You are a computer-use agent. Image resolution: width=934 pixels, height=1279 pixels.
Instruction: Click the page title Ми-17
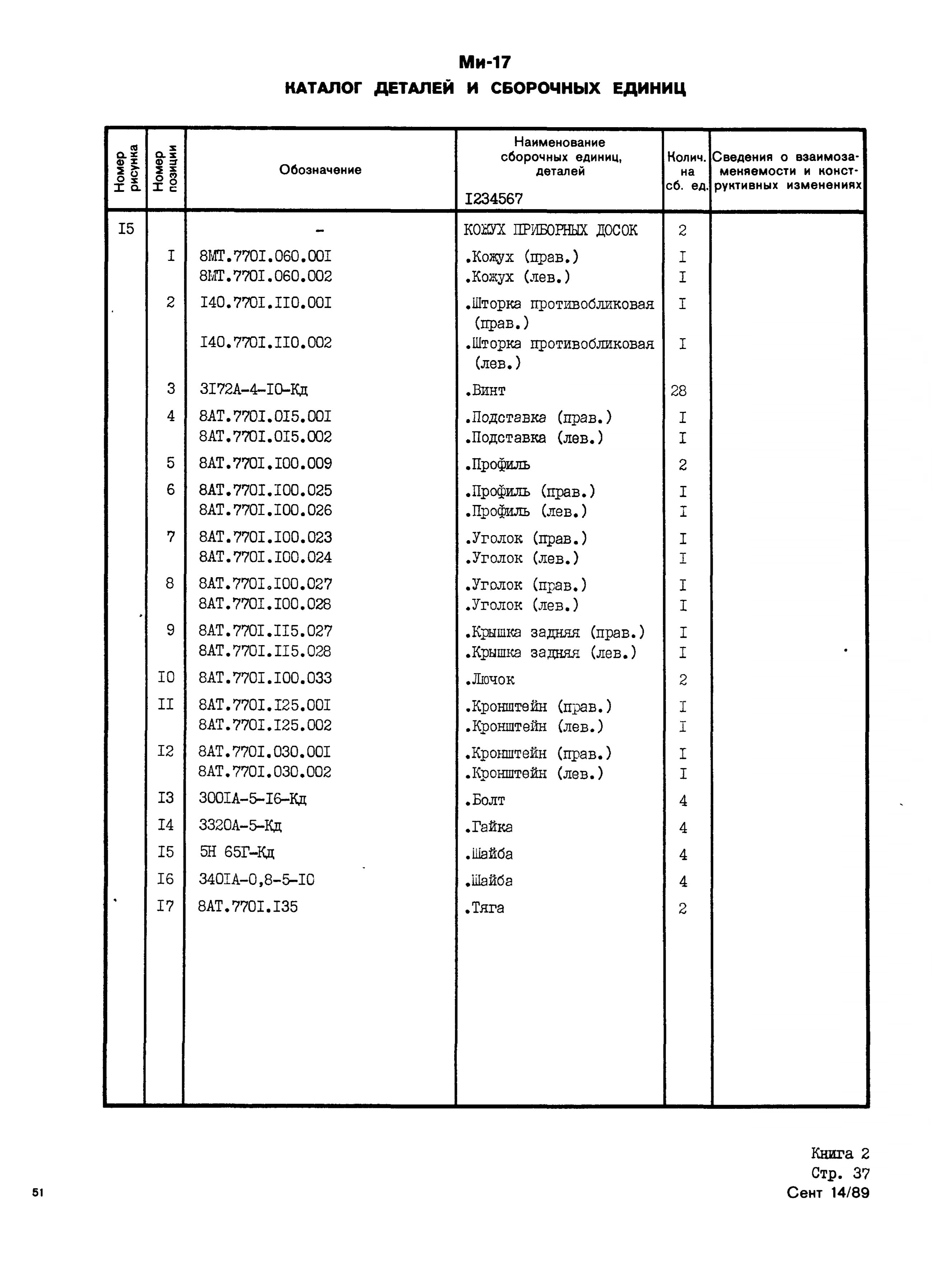pos(485,61)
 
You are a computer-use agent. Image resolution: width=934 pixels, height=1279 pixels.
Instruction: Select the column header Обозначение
pos(320,170)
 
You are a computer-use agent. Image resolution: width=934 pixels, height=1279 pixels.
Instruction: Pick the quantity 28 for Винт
pos(679,391)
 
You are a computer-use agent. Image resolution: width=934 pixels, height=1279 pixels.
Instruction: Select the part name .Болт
pos(485,800)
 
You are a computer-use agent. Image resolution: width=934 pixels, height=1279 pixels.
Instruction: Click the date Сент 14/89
pos(828,1193)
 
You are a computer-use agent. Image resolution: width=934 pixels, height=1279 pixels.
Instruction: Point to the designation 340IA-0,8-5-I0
pos(257,879)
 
